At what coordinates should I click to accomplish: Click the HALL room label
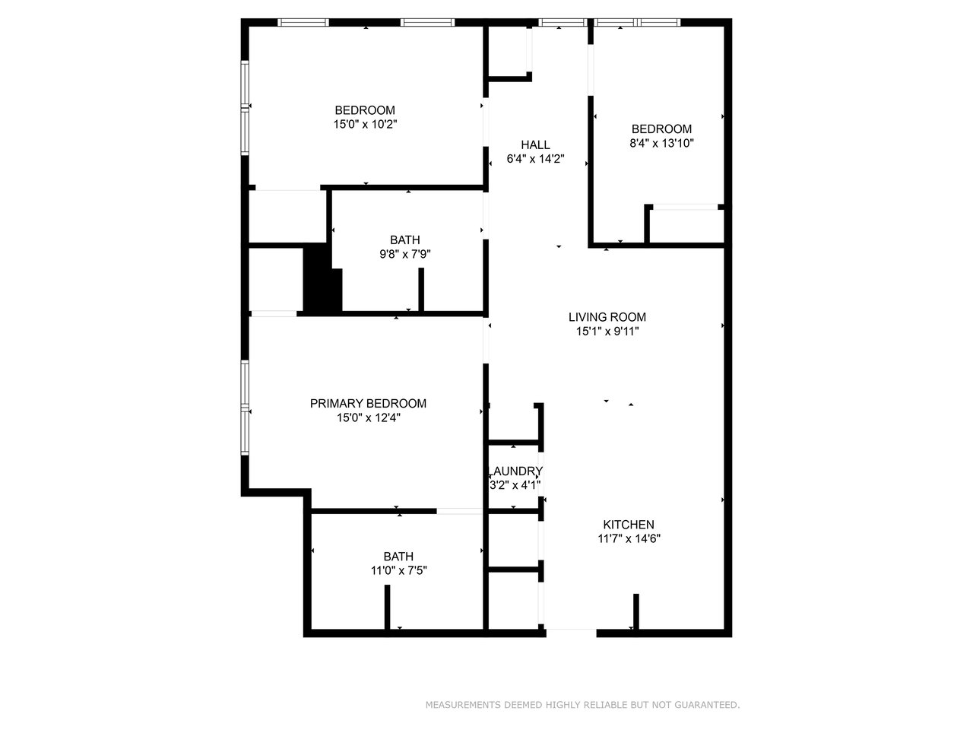[x=535, y=145]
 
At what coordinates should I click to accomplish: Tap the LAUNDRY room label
[x=515, y=471]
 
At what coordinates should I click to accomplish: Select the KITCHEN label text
[x=629, y=525]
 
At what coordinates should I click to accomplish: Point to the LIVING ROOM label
[x=607, y=317]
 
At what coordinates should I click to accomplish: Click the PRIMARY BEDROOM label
[x=368, y=404]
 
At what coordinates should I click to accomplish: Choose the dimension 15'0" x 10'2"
[x=366, y=124]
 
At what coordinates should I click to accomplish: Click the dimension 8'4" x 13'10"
[x=661, y=143]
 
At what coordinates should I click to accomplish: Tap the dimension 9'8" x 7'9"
[x=406, y=255]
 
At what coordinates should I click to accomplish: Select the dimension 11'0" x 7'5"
[x=399, y=570]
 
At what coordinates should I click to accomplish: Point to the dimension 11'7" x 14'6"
[x=629, y=539]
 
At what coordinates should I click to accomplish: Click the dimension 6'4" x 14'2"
[x=535, y=160]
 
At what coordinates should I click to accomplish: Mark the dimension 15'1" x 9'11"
[x=607, y=332]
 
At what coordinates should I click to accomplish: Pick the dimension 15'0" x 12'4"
[x=368, y=418]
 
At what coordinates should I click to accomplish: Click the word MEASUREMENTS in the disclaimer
[x=463, y=706]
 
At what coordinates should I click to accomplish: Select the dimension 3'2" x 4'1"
[x=515, y=485]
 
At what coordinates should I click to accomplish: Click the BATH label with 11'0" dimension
[x=399, y=557]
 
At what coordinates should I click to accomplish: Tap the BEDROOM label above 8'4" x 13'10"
[x=661, y=129]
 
